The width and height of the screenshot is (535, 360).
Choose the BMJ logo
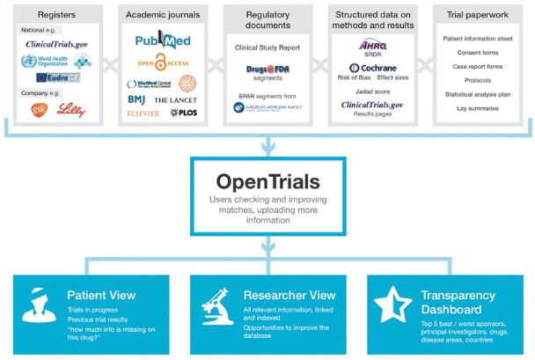point(136,99)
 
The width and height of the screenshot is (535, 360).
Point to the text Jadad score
point(373,92)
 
